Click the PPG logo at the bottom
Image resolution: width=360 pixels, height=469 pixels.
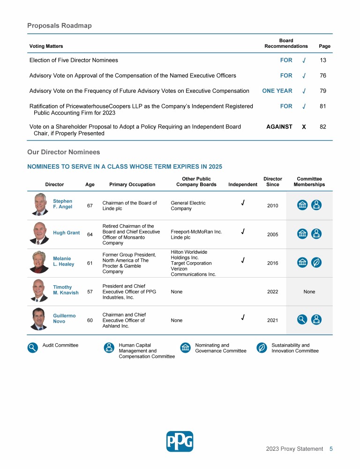180,441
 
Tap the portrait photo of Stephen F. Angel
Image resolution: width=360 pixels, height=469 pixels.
41,204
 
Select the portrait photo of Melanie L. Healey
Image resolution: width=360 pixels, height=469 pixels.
40,262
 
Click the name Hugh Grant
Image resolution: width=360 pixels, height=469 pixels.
66,233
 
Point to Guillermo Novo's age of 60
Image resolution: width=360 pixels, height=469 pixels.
90,321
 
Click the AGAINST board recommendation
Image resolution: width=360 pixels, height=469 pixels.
279,127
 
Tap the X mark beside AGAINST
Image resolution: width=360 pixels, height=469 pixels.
304,127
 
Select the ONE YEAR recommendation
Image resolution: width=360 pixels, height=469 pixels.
277,91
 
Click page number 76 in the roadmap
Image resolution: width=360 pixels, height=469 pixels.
322,76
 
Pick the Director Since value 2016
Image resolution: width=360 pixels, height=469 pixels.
272,263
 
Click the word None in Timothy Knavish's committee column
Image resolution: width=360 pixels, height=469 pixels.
309,292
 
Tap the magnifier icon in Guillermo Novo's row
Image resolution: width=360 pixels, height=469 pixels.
302,320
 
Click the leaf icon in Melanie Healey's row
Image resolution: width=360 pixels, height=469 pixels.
316,263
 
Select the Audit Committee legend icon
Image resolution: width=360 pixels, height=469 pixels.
32,348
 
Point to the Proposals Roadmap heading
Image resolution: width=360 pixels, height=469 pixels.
59,25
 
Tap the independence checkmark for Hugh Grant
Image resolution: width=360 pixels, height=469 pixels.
242,231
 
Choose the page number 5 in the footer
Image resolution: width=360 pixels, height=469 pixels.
331,449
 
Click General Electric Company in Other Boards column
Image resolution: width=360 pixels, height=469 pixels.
188,205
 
